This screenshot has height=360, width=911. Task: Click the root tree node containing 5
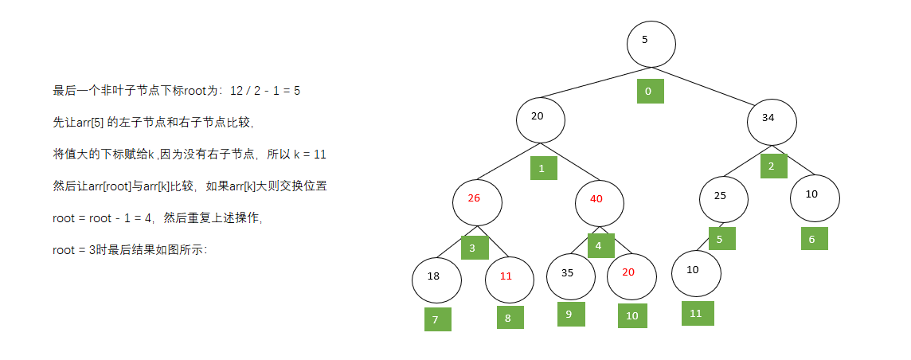[651, 44]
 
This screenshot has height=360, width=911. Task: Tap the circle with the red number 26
[477, 202]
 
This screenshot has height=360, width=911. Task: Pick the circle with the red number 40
[600, 202]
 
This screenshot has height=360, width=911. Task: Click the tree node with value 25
[724, 199]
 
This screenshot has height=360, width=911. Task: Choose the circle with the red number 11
[510, 280]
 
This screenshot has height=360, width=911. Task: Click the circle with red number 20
[631, 276]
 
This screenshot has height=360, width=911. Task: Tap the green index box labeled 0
[650, 91]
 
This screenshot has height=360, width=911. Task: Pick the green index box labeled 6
[814, 238]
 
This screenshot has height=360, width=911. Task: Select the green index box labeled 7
[437, 319]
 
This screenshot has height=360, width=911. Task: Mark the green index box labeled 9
[571, 315]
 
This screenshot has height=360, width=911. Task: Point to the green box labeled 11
[698, 313]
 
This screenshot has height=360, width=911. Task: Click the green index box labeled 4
[600, 245]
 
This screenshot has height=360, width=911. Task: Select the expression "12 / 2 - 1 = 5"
[265, 91]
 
